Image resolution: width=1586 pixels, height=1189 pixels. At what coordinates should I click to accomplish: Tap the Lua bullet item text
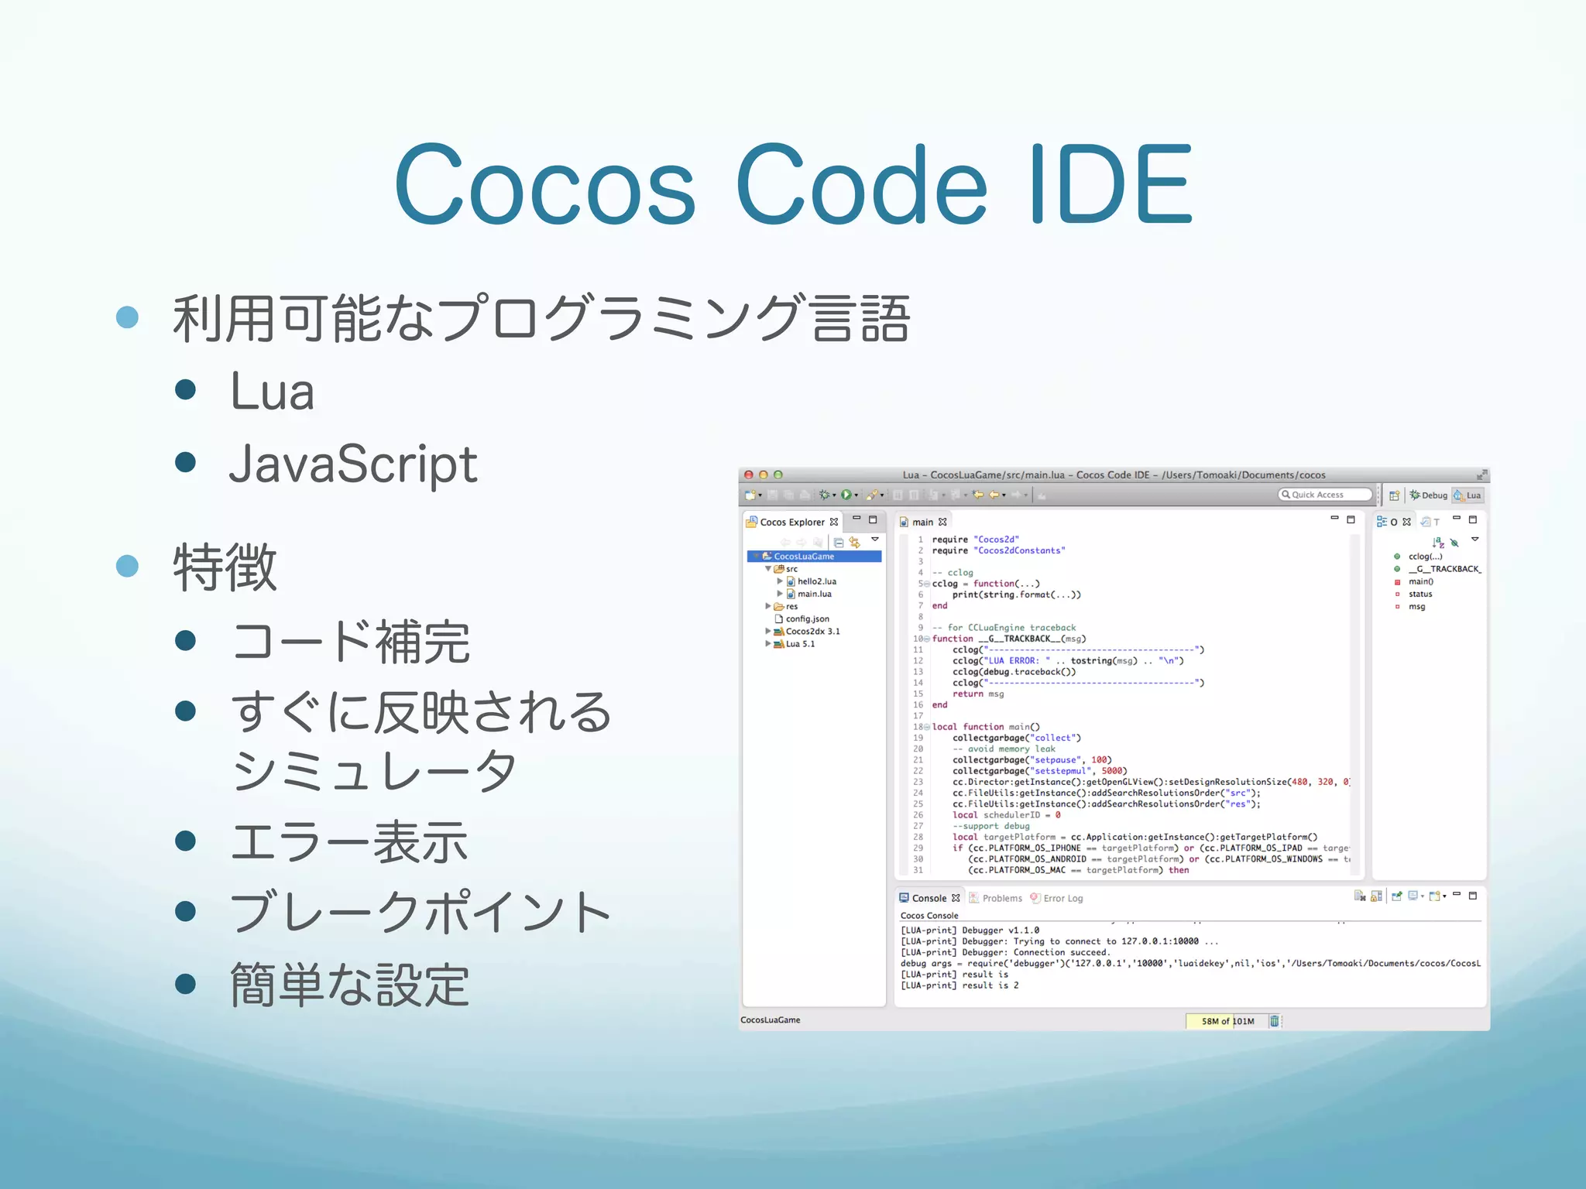point(272,391)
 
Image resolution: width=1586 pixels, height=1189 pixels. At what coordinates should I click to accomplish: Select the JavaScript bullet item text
point(353,464)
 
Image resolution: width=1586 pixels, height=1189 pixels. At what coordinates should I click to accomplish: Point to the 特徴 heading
point(225,567)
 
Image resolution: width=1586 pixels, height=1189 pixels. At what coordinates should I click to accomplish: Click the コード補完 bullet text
point(351,642)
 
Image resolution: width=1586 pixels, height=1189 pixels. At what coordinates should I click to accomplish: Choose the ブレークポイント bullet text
point(421,912)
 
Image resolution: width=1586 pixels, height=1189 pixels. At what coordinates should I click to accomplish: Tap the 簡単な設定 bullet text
point(349,985)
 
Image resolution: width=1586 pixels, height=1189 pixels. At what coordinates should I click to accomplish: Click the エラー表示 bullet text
point(349,841)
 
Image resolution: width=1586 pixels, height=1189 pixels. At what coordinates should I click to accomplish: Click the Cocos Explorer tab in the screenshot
point(791,522)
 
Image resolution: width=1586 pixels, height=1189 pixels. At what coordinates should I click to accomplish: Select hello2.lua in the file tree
point(816,581)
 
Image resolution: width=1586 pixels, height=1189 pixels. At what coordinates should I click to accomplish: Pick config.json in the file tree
point(807,618)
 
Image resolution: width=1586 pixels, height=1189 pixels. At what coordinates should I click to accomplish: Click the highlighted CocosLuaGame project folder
point(804,556)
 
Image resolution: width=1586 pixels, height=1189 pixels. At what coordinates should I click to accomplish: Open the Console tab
point(929,898)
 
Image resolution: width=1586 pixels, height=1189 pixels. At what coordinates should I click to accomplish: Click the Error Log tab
point(1062,898)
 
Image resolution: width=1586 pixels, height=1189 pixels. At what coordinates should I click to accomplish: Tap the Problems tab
point(1001,898)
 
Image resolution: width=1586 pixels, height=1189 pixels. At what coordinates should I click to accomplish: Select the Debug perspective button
point(1429,495)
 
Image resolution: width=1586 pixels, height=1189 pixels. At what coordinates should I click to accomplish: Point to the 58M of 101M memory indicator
point(1227,1021)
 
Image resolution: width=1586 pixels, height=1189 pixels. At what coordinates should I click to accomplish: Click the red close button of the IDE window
point(748,475)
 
